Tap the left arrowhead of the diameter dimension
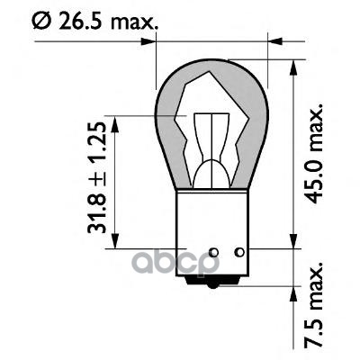[161, 40]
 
